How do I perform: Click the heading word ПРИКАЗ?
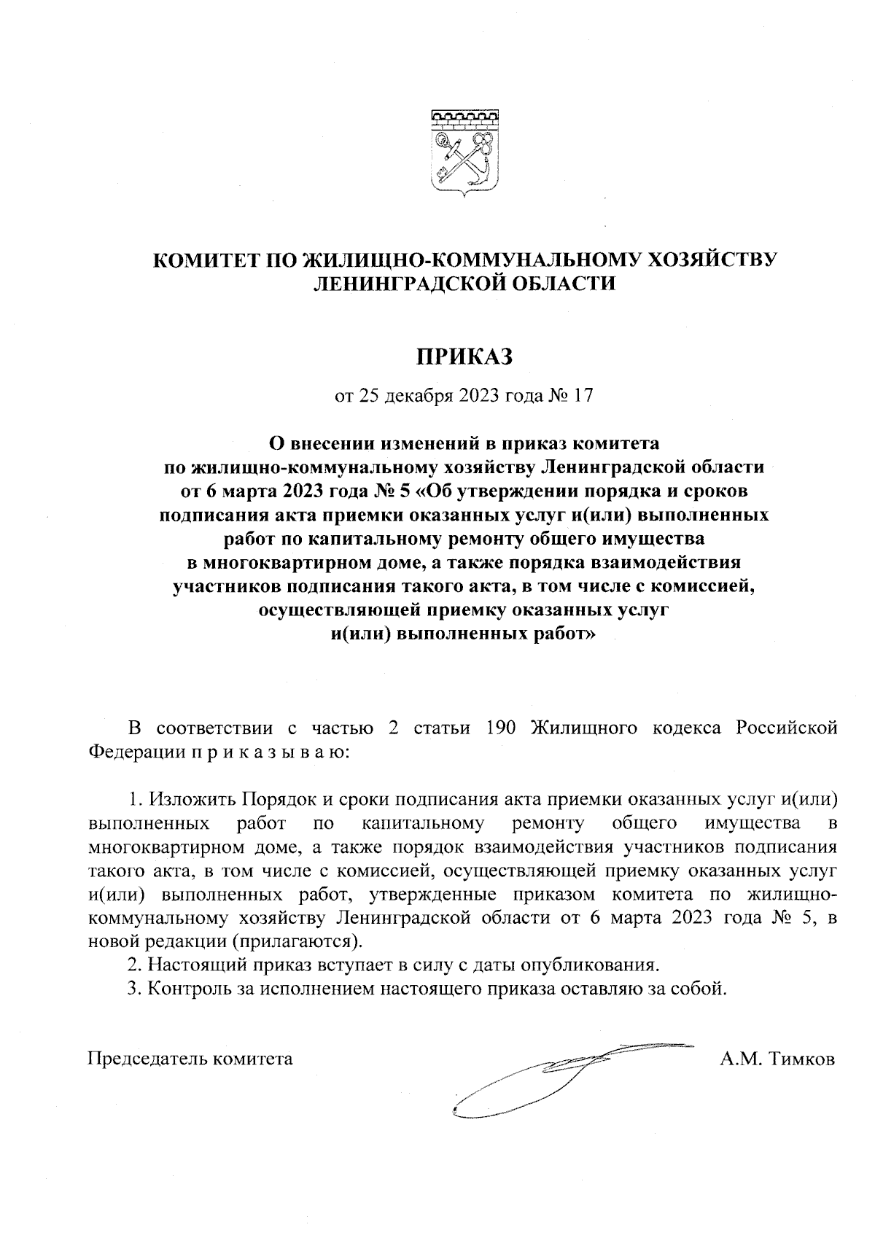coord(464,357)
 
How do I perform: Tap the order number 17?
coord(584,396)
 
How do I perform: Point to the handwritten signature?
coord(554,1075)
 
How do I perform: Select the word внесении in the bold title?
coord(328,443)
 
